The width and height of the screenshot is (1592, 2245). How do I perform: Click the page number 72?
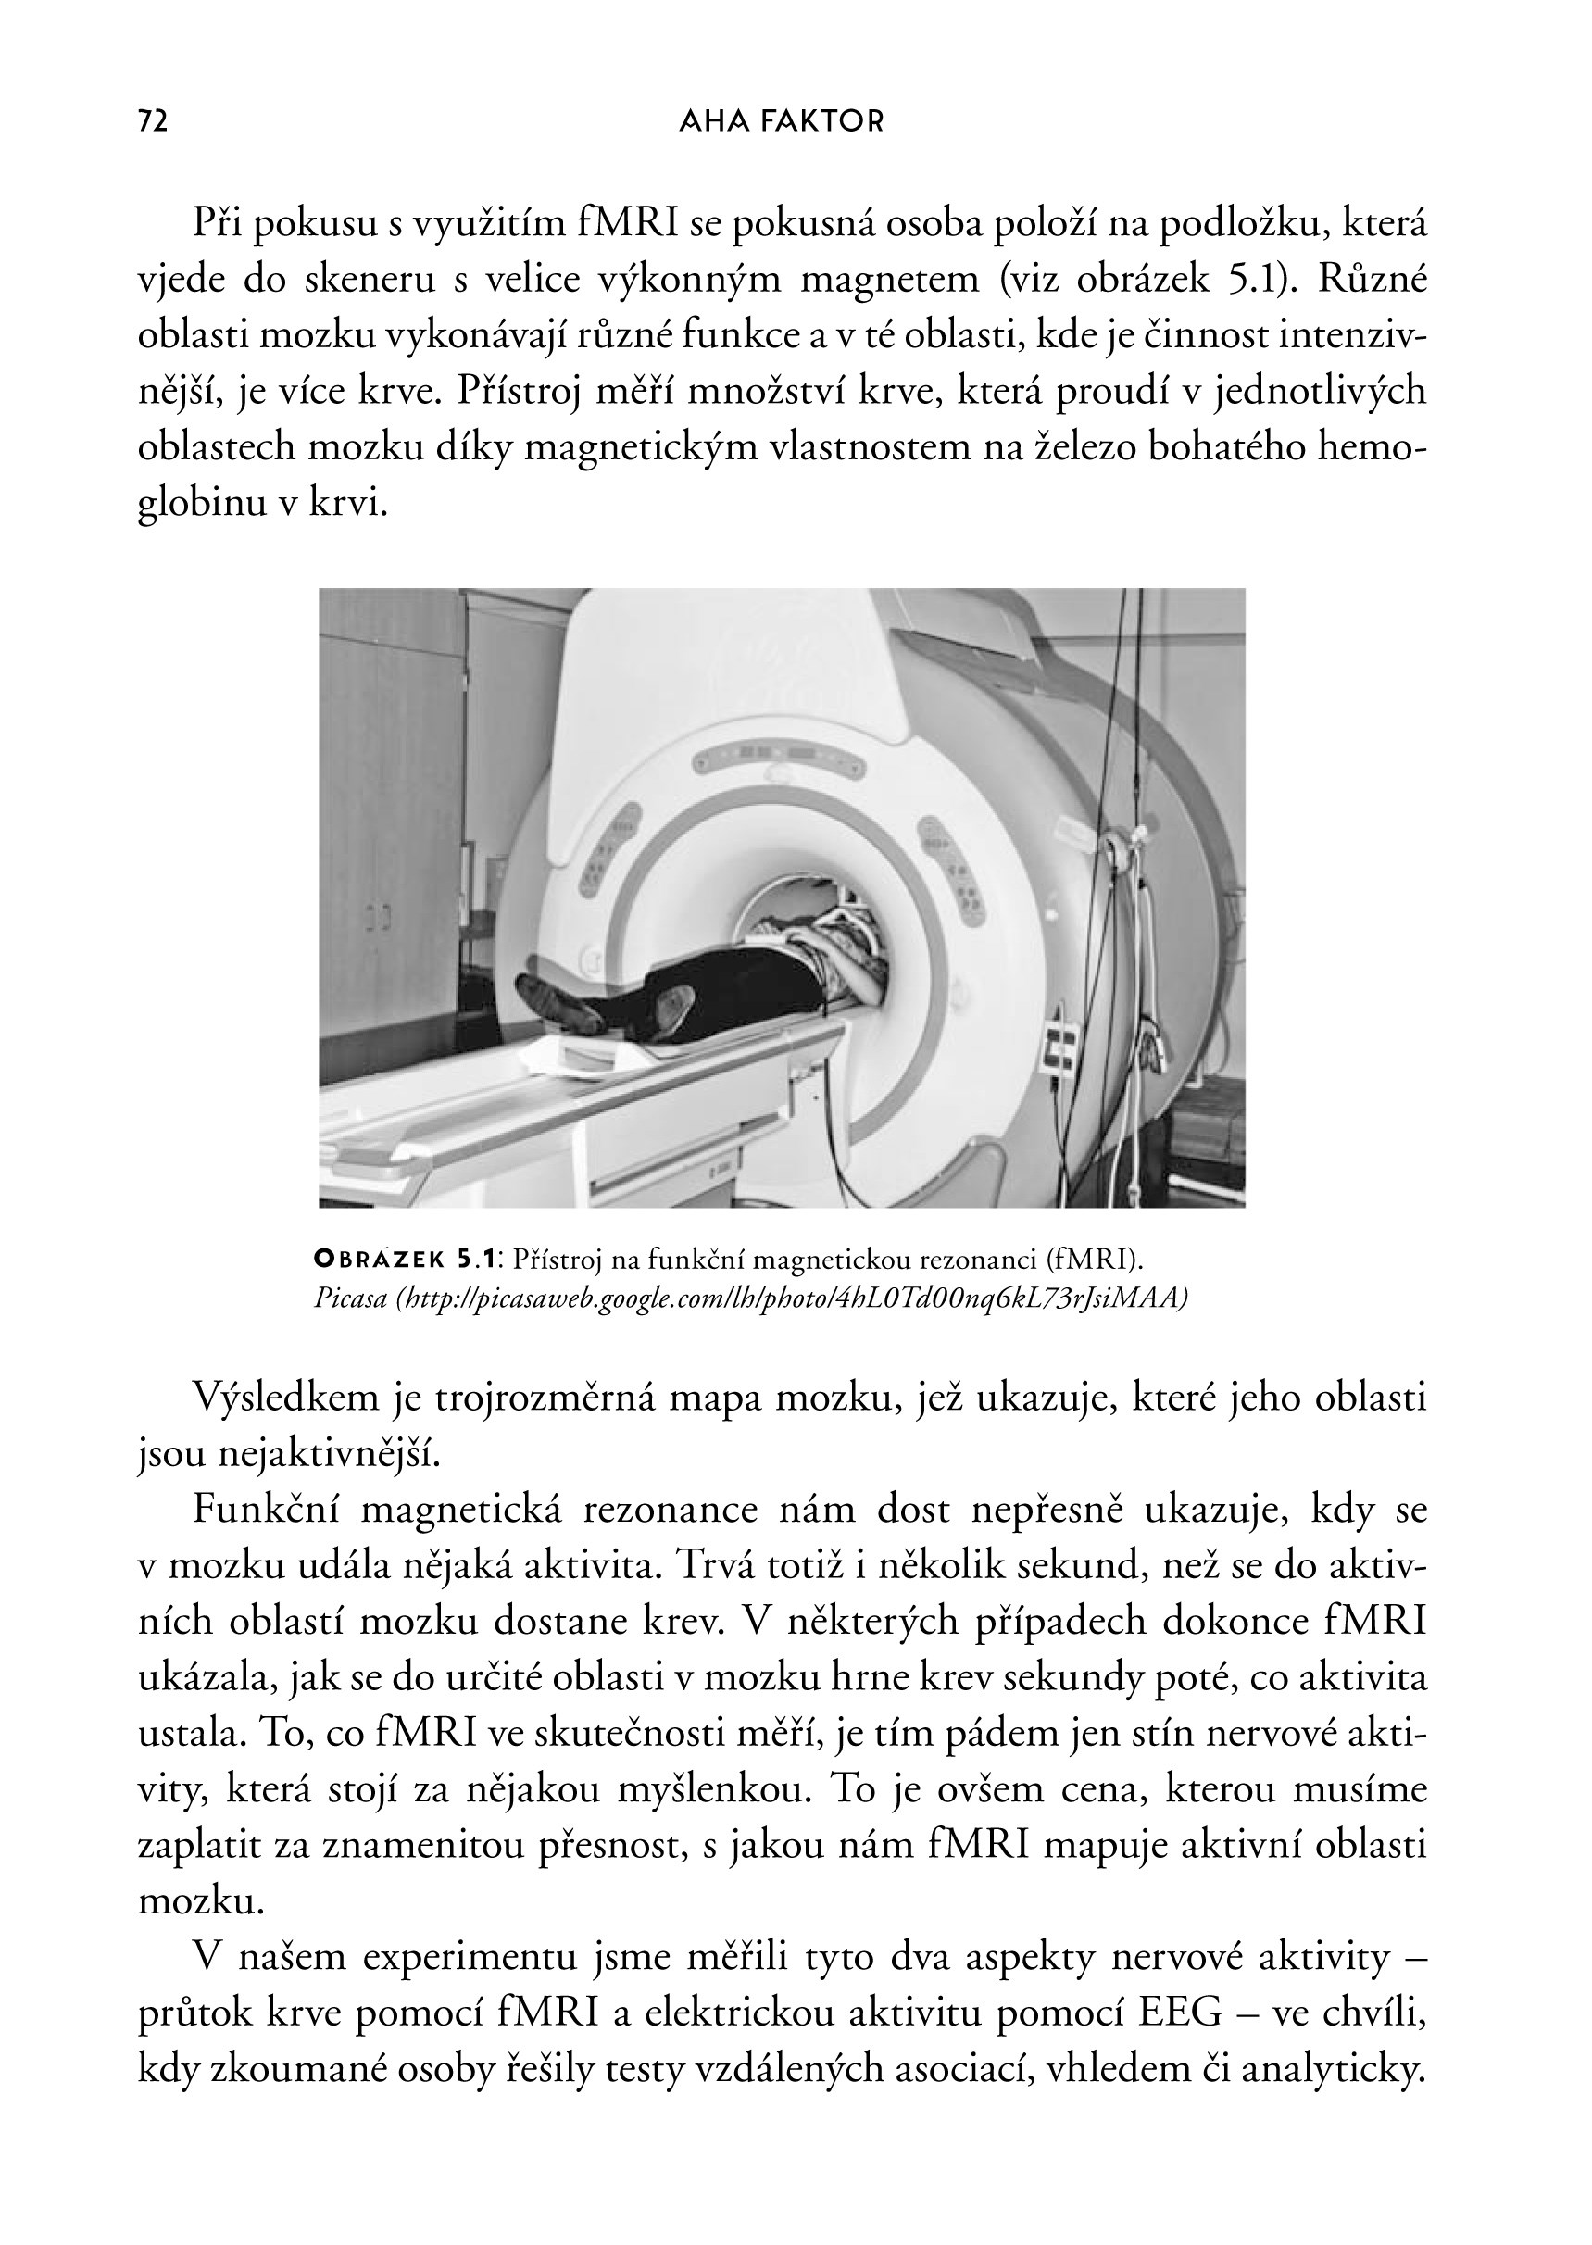[x=153, y=121]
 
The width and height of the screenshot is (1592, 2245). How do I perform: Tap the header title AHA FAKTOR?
[x=782, y=121]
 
